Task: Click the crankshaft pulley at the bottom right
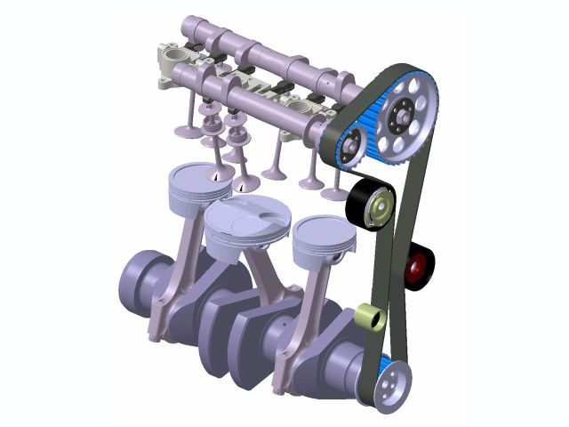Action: click(x=389, y=383)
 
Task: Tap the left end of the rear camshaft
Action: click(x=191, y=27)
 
